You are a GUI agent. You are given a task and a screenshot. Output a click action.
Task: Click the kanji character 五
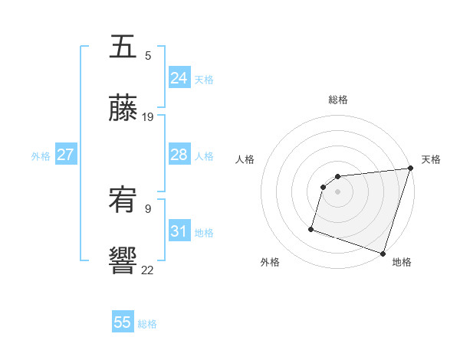click(x=123, y=47)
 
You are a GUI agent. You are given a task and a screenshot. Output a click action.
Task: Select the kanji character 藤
click(x=123, y=108)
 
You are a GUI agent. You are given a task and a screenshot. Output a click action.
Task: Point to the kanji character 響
click(x=123, y=260)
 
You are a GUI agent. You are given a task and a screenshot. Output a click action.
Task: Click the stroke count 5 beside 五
click(x=148, y=56)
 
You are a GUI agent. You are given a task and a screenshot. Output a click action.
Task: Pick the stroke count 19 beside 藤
click(x=148, y=116)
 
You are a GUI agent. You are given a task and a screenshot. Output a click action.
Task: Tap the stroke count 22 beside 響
click(x=148, y=269)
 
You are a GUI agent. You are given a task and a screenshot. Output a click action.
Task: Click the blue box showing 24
click(x=179, y=78)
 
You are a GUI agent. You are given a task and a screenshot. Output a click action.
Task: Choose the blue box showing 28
click(x=179, y=155)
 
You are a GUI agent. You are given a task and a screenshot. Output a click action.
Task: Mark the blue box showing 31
click(x=179, y=231)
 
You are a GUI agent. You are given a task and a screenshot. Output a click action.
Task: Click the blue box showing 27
click(x=65, y=155)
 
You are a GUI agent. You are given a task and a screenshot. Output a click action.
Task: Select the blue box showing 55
click(x=123, y=322)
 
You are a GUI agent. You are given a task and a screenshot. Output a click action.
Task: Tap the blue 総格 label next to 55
click(x=147, y=324)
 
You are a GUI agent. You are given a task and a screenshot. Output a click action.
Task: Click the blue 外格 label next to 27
click(x=41, y=156)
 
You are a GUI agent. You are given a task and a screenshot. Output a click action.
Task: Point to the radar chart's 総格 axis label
click(x=338, y=100)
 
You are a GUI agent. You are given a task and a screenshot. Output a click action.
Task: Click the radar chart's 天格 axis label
click(x=431, y=159)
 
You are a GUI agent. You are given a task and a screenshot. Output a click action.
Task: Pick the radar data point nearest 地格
click(x=383, y=253)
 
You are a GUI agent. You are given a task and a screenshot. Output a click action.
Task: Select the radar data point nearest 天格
click(x=410, y=169)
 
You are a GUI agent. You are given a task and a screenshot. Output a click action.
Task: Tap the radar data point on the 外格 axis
click(x=312, y=228)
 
